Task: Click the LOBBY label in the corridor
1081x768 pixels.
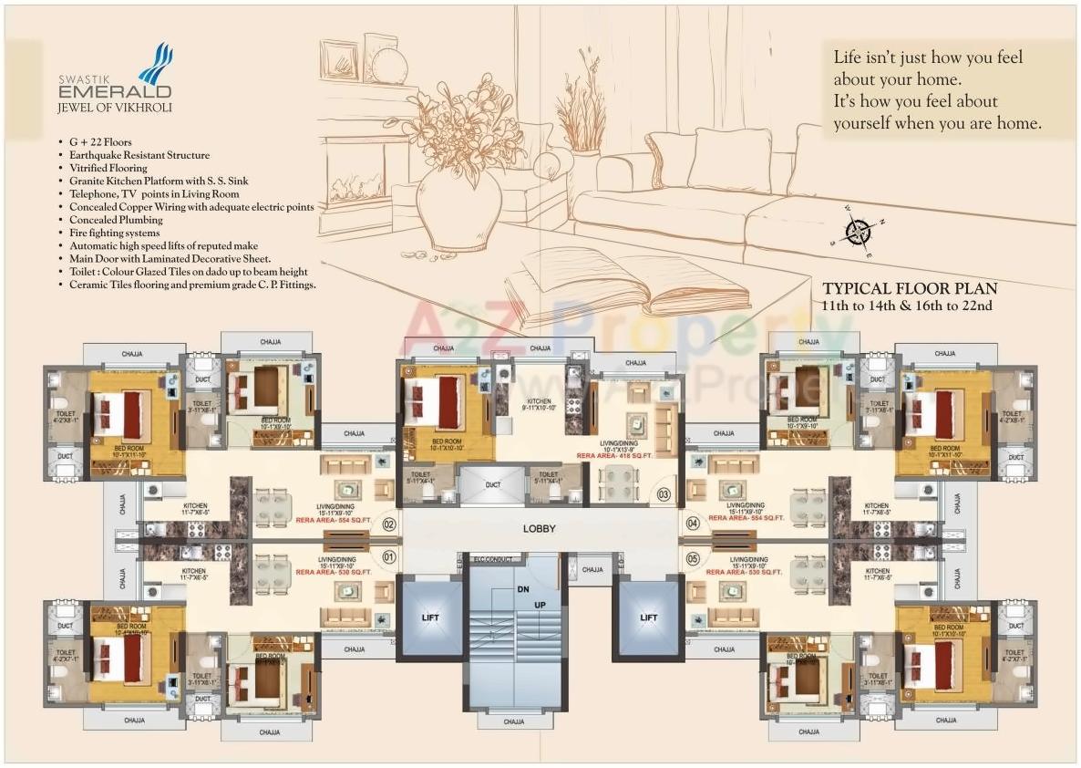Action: pos(539,528)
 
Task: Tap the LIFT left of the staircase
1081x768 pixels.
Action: pos(430,618)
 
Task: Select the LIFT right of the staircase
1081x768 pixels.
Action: pos(649,618)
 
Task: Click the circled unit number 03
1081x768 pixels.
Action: pos(664,495)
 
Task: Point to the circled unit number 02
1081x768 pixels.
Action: pos(389,524)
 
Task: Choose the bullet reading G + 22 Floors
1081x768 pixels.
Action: pos(100,142)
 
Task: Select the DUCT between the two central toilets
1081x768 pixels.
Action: pos(493,485)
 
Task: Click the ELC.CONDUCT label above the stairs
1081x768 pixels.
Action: pos(494,558)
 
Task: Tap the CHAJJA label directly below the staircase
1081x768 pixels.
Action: pos(513,721)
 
